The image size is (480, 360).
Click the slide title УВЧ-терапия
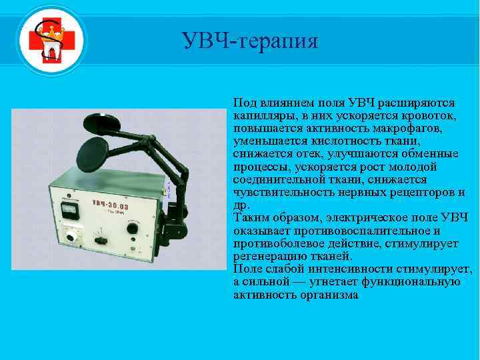point(250,41)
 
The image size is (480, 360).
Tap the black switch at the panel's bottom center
point(101,240)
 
